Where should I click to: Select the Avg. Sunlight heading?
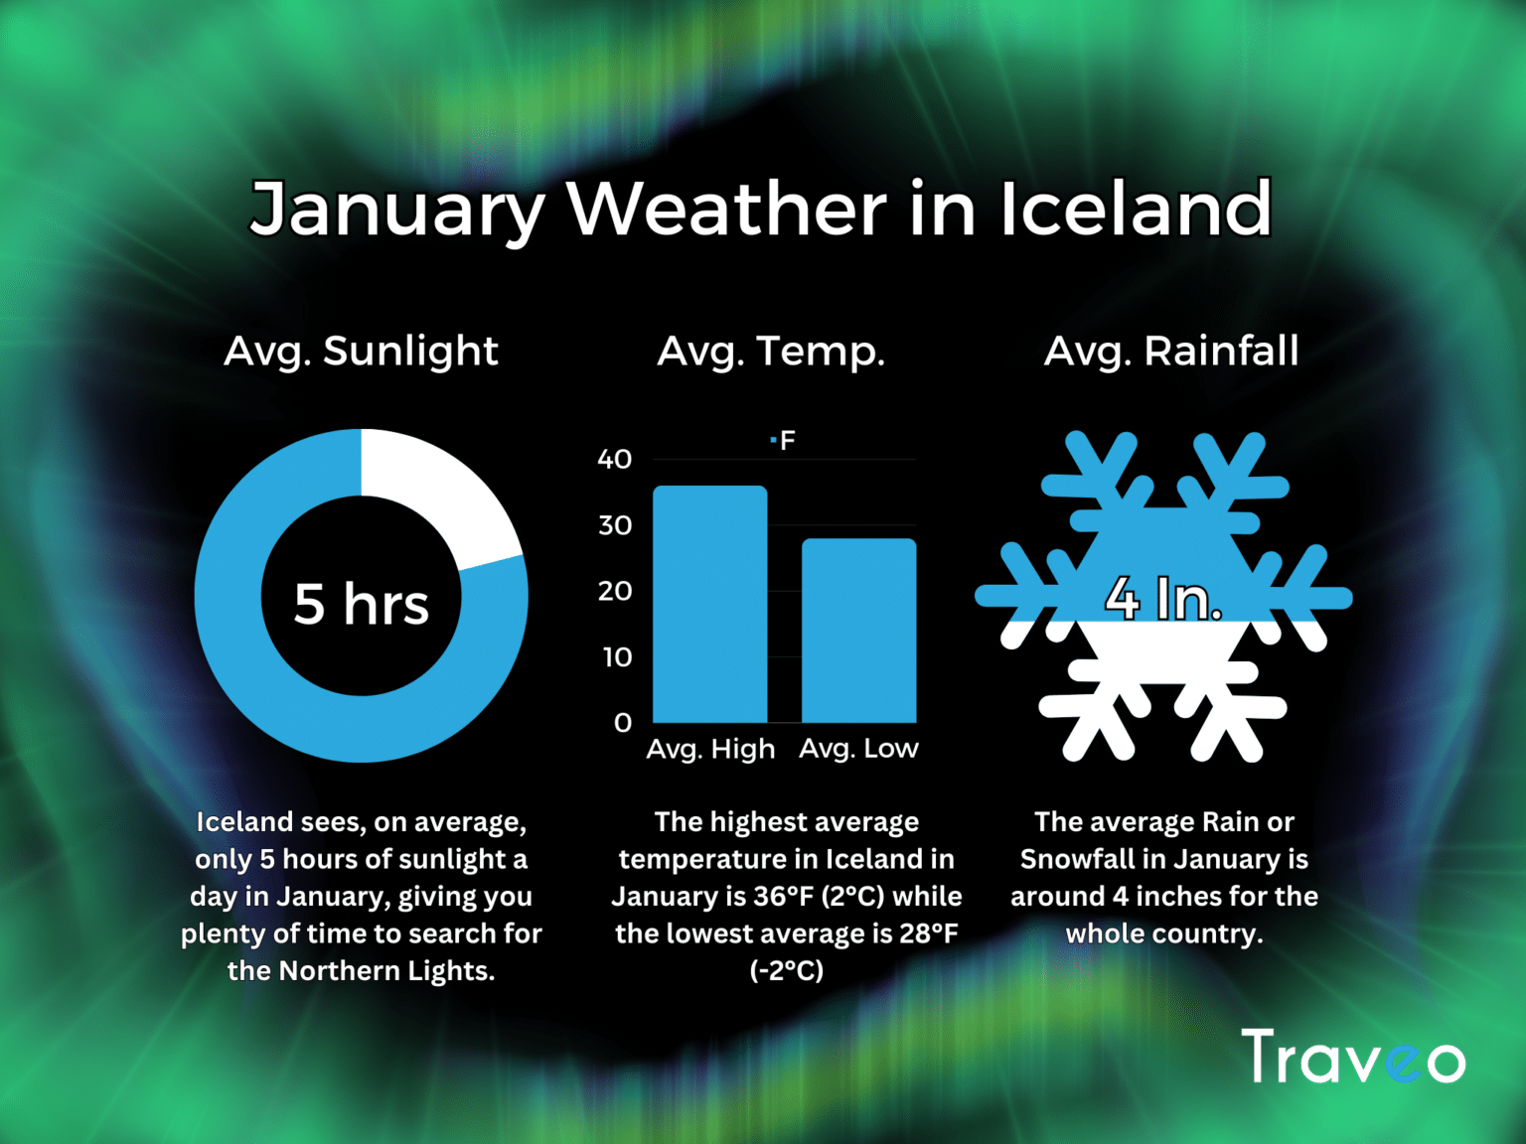[362, 352]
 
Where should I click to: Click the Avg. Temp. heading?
[771, 352]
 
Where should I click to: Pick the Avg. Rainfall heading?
[1171, 352]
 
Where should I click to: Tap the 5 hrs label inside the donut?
[362, 604]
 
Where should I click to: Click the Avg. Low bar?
[858, 631]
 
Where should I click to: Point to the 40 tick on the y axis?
[614, 459]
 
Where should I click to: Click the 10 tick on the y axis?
[617, 657]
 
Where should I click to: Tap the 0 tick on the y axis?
[623, 723]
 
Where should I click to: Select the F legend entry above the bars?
[784, 440]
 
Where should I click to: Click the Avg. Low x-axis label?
[858, 749]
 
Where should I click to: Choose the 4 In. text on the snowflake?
[1163, 599]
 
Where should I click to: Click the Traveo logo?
[1353, 1058]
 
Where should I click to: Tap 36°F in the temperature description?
[784, 897]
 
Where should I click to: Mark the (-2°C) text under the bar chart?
[786, 970]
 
